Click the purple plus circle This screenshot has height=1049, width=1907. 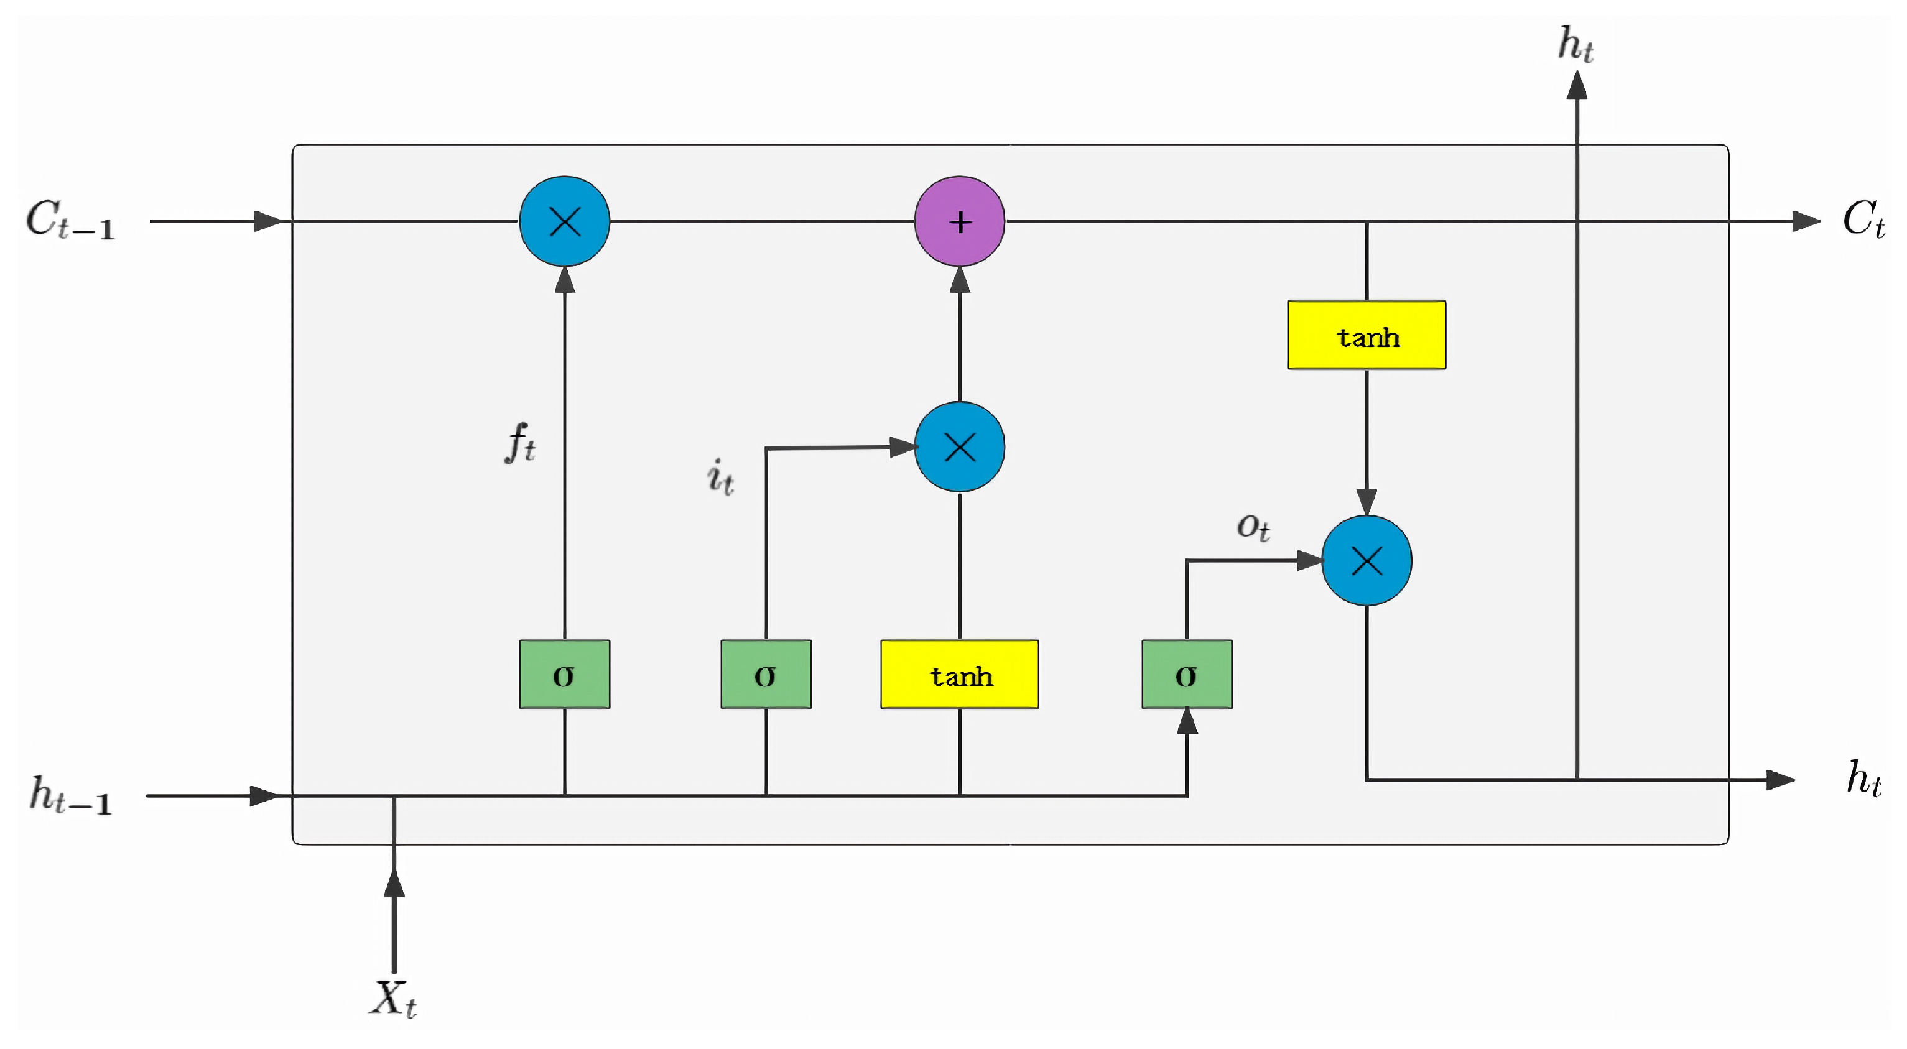960,221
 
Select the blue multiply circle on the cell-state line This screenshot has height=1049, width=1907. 565,221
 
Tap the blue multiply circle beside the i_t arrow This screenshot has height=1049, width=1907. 960,447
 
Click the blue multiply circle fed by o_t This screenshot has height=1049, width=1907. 1366,560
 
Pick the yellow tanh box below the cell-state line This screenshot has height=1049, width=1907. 1366,335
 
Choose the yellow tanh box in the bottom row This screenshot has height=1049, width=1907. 960,675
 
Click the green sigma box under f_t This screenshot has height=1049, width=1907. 565,675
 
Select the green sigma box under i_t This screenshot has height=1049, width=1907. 766,675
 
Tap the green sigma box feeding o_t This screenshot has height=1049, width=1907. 1187,675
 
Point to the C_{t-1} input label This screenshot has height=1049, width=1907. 71,220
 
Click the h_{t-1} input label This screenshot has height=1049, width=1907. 71,796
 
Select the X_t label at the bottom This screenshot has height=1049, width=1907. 393,999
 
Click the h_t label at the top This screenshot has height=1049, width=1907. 1575,44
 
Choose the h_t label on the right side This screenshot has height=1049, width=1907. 1863,779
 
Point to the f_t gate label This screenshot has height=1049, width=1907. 521,443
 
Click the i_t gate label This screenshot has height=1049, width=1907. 720,477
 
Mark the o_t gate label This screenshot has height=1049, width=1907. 1253,527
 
